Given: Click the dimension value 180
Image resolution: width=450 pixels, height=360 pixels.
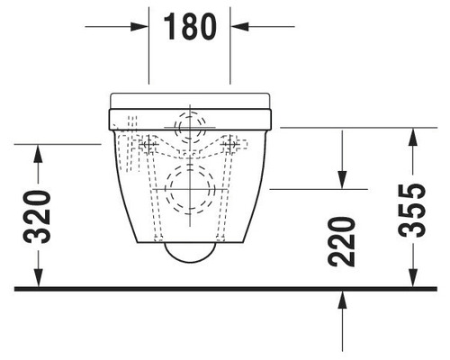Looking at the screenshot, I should point(190,27).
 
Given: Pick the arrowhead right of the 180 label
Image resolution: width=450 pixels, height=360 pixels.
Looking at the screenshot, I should point(240,27).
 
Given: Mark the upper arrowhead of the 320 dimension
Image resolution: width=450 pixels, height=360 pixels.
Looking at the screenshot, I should point(37,150).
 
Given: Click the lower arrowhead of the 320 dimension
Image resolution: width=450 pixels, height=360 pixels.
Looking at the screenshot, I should point(37,279).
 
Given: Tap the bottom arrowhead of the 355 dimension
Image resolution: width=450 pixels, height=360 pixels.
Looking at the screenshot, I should point(412,279).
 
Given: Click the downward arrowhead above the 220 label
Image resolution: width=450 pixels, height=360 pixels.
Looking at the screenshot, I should point(343,180).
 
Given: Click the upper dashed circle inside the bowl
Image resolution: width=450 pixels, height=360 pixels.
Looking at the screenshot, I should point(190,125).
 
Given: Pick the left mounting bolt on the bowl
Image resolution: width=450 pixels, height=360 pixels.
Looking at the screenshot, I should point(145,144).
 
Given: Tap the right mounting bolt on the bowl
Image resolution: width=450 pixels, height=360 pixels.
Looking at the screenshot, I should point(235,144).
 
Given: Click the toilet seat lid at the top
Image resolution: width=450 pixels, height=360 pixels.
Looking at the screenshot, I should point(190,99).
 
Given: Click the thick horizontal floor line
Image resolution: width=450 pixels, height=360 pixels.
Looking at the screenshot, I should point(225,288).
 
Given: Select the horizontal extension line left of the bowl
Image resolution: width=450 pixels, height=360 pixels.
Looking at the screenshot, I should point(58,143).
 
